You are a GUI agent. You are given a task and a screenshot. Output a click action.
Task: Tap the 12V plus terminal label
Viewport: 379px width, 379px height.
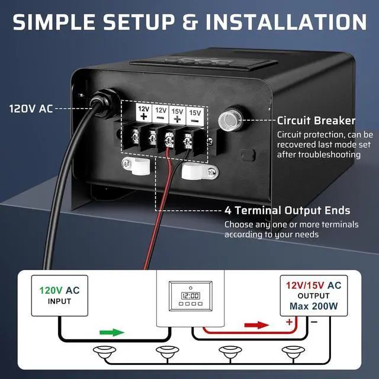[143, 113]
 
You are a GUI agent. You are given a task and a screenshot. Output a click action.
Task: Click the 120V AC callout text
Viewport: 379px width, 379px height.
[31, 109]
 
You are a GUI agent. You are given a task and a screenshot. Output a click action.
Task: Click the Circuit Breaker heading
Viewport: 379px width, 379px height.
[316, 121]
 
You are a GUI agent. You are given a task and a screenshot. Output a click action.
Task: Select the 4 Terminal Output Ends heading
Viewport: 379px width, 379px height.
[287, 211]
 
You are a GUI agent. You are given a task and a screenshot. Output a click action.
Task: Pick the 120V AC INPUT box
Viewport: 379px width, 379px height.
[59, 296]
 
